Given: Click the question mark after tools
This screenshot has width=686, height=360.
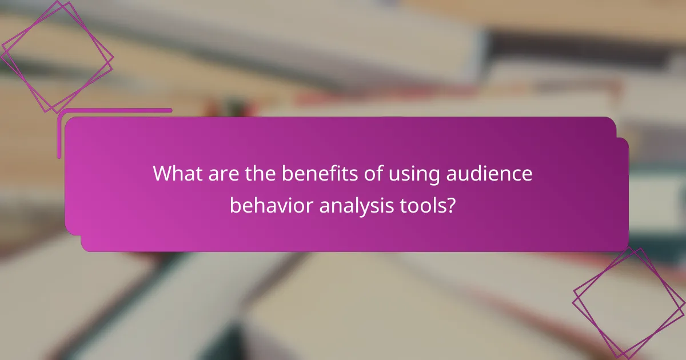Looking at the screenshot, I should [451, 205].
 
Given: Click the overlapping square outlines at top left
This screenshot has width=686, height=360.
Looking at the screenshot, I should [57, 57].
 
